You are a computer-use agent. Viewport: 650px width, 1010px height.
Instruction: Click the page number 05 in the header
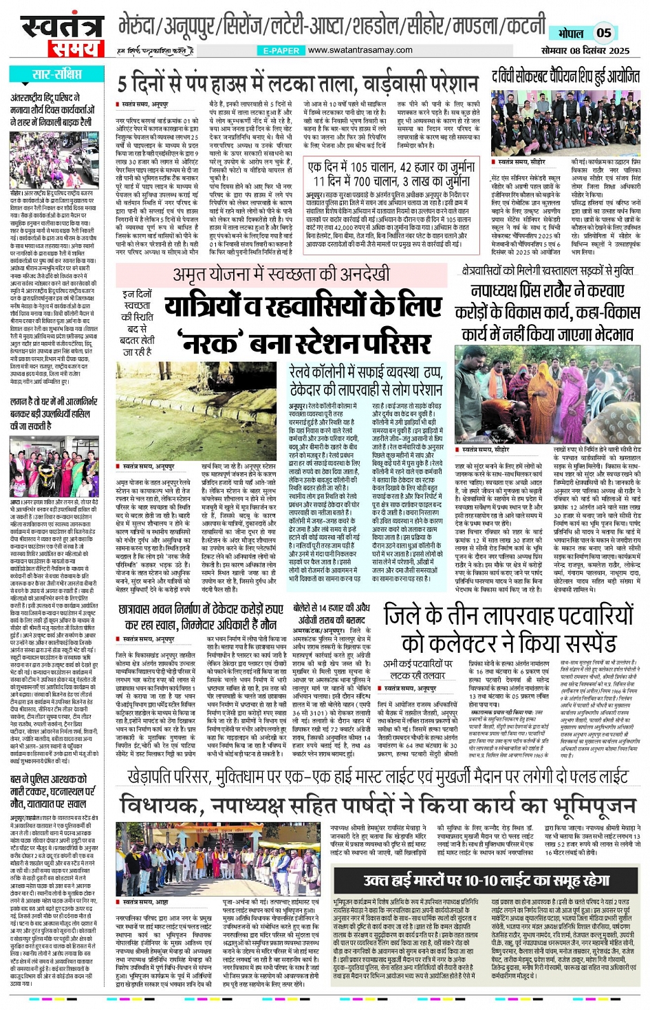click(603, 32)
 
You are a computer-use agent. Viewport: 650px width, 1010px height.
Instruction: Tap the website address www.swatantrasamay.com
click(360, 50)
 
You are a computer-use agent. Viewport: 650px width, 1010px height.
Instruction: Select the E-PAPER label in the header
click(281, 51)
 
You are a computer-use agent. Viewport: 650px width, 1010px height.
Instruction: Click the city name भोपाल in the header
click(570, 33)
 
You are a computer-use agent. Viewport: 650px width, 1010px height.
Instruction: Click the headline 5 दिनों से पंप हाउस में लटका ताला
click(297, 84)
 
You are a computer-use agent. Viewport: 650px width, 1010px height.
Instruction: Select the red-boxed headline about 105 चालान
click(391, 173)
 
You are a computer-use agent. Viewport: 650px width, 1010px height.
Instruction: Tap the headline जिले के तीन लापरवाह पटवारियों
click(509, 630)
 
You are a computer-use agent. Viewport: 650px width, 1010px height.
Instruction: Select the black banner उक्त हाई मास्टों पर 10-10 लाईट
click(486, 880)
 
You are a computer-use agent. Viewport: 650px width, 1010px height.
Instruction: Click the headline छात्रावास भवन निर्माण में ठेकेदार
click(201, 616)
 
